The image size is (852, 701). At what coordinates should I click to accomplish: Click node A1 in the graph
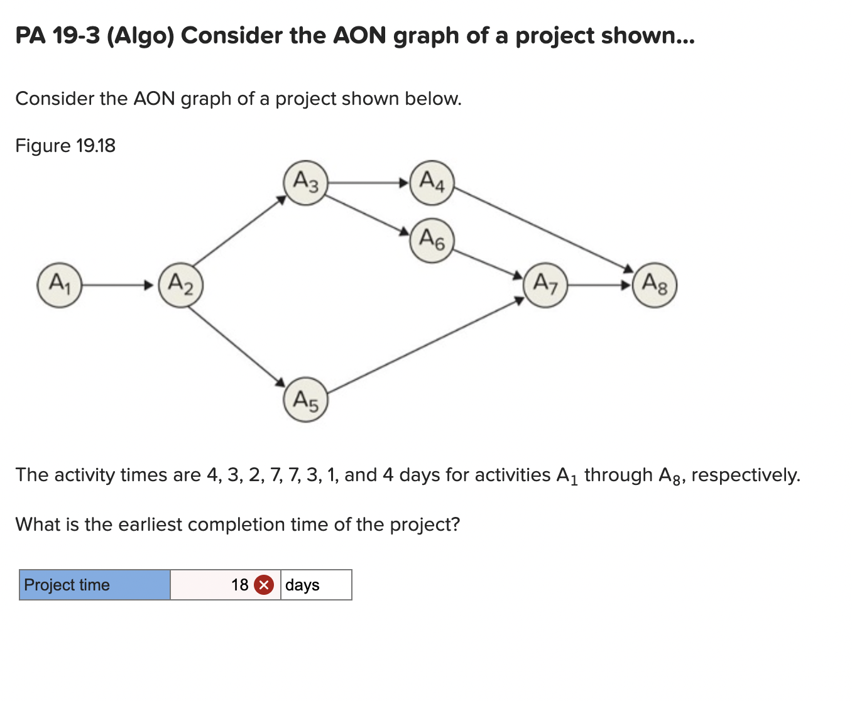point(60,285)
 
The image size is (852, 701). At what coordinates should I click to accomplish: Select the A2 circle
point(181,285)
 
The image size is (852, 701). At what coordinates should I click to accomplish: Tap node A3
point(306,183)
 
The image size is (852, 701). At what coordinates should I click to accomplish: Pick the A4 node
point(432,183)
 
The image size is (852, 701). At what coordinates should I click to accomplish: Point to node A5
point(306,399)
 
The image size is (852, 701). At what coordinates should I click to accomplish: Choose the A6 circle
point(432,240)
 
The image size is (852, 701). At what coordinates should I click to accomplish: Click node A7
point(545,285)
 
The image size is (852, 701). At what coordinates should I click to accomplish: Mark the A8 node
point(655,285)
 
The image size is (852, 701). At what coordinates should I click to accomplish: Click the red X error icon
point(264,585)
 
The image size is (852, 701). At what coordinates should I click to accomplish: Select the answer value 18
point(240,585)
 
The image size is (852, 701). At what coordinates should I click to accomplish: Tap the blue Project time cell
point(95,585)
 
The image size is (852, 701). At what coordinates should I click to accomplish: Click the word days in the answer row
point(302,585)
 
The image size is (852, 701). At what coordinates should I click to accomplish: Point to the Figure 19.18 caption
point(65,146)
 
